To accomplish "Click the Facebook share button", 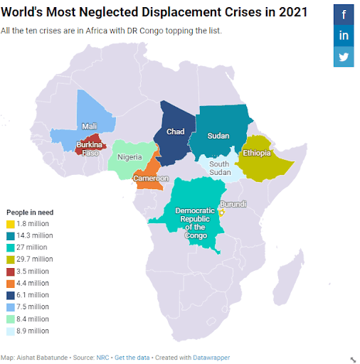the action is pyautogui.click(x=344, y=14).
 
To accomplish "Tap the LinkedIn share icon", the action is pyautogui.click(x=344, y=36).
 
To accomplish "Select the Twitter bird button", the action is pyautogui.click(x=344, y=57).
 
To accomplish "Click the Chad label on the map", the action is pyautogui.click(x=175, y=132).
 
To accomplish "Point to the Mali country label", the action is pyautogui.click(x=90, y=127).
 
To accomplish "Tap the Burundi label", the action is pyautogui.click(x=233, y=204).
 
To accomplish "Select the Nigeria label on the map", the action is pyautogui.click(x=129, y=157).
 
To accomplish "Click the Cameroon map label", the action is pyautogui.click(x=151, y=178).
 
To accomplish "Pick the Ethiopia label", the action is pyautogui.click(x=257, y=153).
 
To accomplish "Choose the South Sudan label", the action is pyautogui.click(x=220, y=168).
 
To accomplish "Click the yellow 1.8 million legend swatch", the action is pyautogui.click(x=11, y=224).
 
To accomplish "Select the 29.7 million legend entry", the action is pyautogui.click(x=30, y=259).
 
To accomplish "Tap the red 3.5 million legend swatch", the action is pyautogui.click(x=11, y=272).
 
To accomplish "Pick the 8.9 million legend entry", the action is pyautogui.click(x=28, y=331).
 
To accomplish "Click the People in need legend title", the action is pyautogui.click(x=30, y=213).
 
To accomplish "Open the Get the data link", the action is pyautogui.click(x=132, y=358).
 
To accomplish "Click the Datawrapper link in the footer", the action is pyautogui.click(x=211, y=358).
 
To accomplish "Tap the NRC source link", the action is pyautogui.click(x=102, y=358).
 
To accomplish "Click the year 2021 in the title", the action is pyautogui.click(x=293, y=12).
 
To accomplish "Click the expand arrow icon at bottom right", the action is pyautogui.click(x=353, y=360).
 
